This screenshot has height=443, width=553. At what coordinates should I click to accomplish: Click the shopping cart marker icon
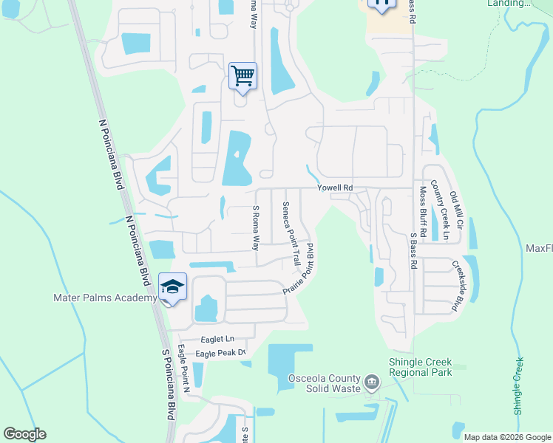(x=242, y=76)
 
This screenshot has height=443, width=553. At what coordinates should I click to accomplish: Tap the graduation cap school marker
(x=172, y=287)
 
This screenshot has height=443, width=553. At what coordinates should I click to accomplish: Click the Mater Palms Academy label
(x=105, y=298)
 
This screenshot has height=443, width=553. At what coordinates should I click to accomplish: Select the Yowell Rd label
(x=336, y=188)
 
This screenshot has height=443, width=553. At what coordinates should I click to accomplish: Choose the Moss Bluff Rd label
(x=423, y=210)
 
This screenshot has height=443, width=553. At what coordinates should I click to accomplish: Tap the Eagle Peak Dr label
(x=220, y=354)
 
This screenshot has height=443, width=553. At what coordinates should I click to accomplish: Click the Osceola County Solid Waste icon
(x=372, y=384)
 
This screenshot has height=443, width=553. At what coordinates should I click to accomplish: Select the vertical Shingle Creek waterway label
(x=519, y=385)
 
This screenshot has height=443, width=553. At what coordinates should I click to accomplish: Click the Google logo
(x=24, y=434)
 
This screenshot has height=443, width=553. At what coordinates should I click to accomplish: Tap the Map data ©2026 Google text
(x=507, y=437)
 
